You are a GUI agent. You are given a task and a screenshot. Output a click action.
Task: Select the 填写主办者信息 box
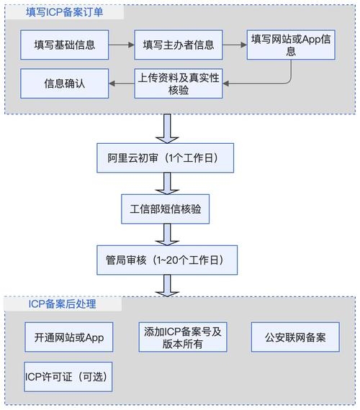point(178,45)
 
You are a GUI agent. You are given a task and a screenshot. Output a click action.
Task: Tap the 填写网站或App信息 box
point(292,45)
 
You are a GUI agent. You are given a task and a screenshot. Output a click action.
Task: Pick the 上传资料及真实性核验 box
point(179,83)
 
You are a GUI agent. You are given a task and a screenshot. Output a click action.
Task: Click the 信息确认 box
point(65,83)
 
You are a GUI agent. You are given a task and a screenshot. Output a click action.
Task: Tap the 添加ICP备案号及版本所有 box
point(182,337)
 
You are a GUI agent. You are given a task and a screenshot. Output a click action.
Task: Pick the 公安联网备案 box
point(295,337)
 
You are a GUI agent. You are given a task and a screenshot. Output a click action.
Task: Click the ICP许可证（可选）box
point(66,376)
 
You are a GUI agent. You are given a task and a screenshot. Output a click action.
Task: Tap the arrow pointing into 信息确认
point(121,83)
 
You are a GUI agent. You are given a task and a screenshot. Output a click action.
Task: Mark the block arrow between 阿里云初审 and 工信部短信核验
point(167,183)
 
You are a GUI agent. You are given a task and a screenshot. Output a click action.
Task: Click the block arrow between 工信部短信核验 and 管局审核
point(167,233)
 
